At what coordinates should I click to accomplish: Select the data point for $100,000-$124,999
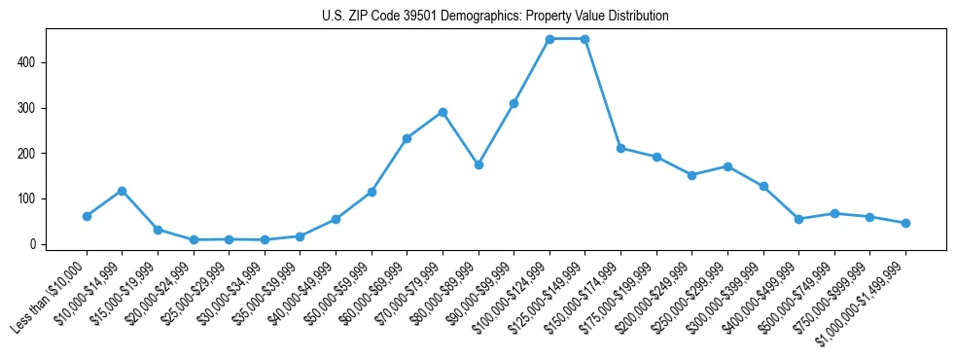549,39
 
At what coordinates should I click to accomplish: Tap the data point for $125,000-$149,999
584,39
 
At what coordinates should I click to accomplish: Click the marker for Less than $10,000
87,216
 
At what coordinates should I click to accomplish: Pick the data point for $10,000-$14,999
122,191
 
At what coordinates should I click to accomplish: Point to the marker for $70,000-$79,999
443,112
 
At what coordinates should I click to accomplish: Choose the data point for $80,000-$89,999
478,165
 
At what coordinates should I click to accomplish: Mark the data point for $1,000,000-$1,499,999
905,223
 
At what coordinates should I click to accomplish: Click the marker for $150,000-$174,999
620,148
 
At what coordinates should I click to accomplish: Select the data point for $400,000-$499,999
798,219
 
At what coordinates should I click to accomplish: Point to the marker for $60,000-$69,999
407,138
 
